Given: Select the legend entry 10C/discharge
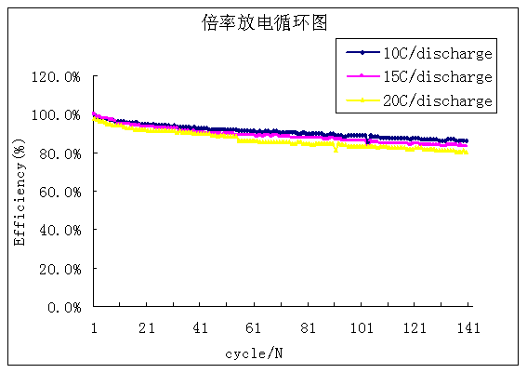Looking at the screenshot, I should [x=437, y=53].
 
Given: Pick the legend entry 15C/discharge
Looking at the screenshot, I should [x=437, y=76].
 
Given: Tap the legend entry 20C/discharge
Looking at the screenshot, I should [x=437, y=100].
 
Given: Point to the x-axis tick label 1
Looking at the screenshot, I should [x=94, y=327].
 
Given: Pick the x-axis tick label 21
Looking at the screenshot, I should [x=147, y=327].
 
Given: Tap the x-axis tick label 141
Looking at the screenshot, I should [x=468, y=327].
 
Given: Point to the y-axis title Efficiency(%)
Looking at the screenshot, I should [x=20, y=192].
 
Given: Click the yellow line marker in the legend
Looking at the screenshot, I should [x=363, y=100].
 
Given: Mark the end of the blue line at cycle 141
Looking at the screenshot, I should [x=467, y=141].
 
